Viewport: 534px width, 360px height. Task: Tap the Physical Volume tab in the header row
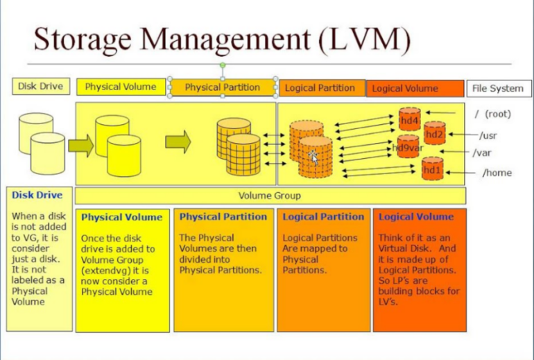121,87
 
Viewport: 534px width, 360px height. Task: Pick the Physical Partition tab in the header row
222,88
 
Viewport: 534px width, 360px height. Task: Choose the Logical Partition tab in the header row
320,88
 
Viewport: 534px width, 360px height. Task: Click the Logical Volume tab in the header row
415,89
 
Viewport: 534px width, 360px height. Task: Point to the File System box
499,88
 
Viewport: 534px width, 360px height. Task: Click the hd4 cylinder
409,120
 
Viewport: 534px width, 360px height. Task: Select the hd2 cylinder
434,134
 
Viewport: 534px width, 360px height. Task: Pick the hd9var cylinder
408,148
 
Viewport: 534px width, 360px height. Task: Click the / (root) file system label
493,113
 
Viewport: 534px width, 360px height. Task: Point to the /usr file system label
488,135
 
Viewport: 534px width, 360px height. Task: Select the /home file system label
497,173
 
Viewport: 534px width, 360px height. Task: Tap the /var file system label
482,153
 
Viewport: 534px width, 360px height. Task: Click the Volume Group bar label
270,196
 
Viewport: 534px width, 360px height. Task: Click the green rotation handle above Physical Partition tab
223,65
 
